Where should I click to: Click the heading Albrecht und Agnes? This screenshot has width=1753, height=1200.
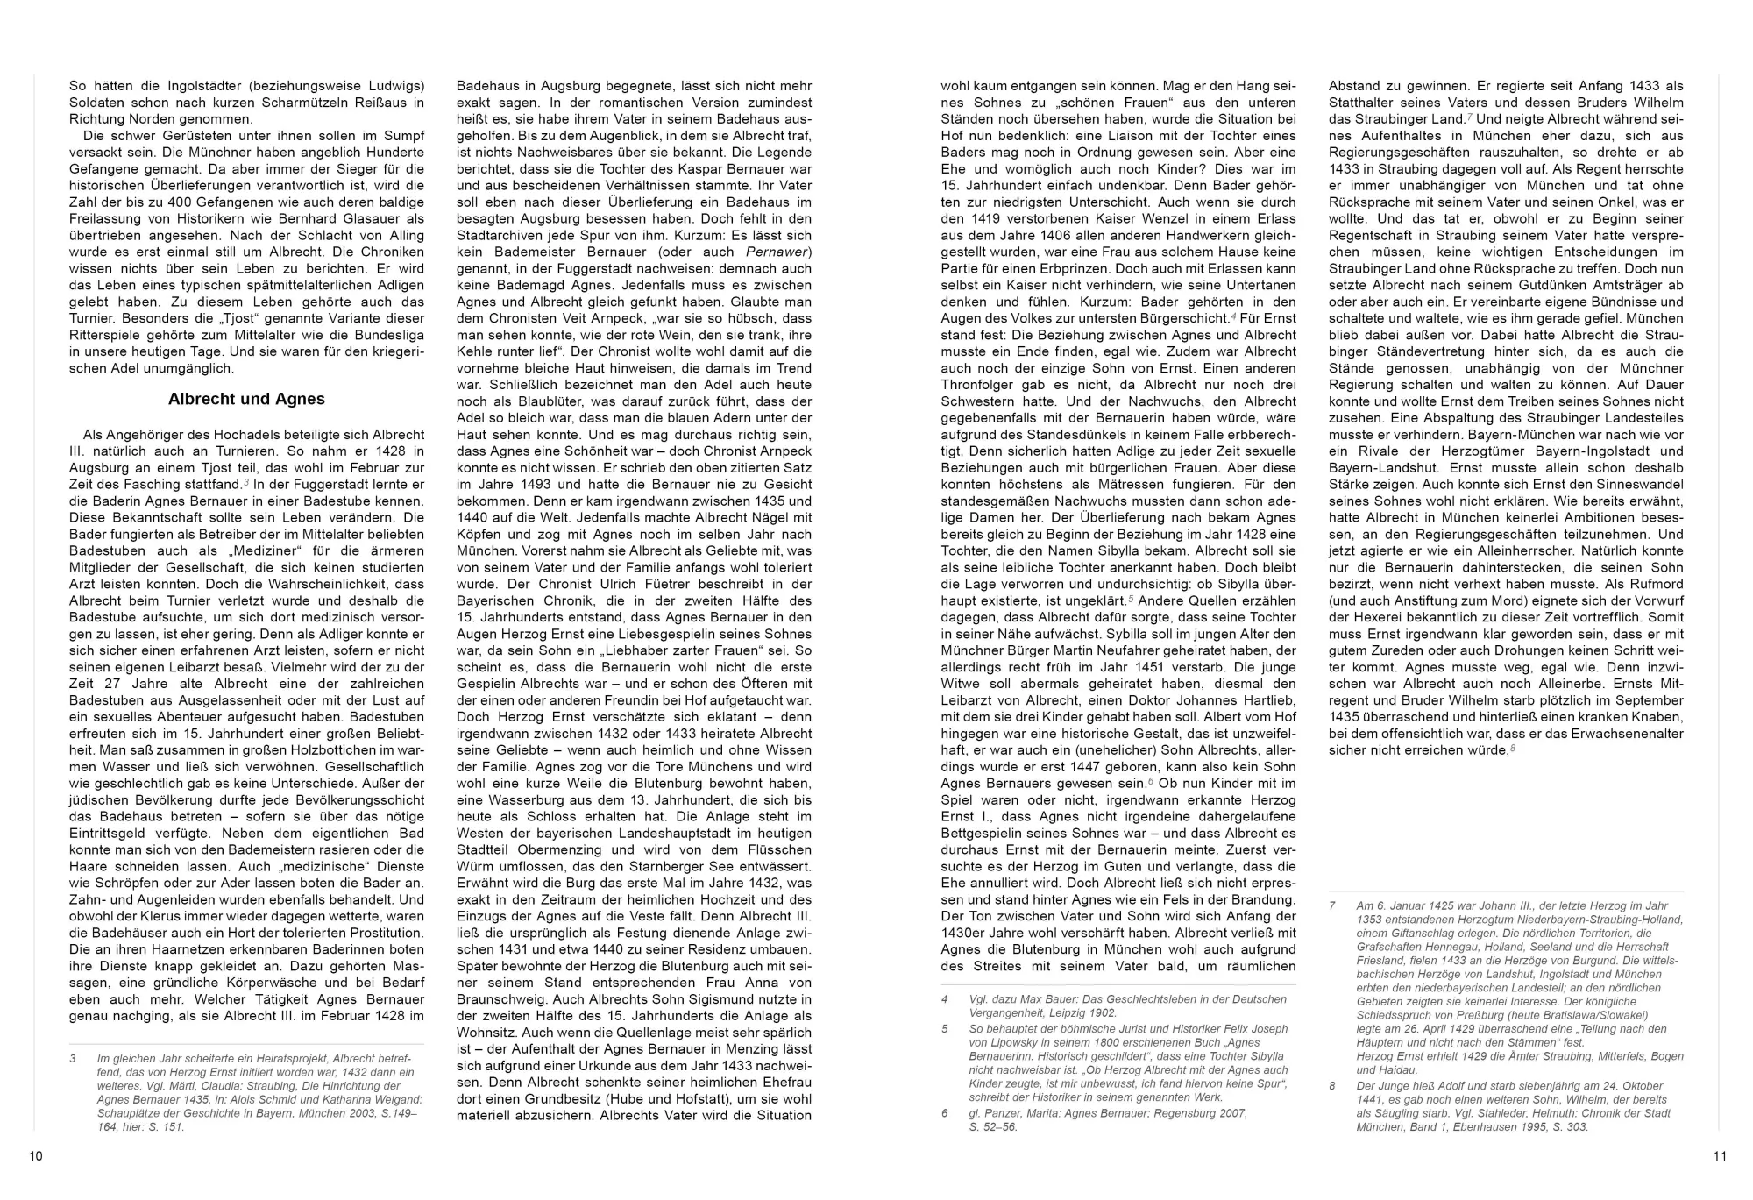click(246, 400)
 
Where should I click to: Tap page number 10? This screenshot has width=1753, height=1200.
click(36, 1156)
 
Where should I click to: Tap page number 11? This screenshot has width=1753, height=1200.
click(1719, 1156)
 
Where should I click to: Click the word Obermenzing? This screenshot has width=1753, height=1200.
click(554, 850)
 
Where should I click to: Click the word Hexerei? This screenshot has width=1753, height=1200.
click(1362, 618)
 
